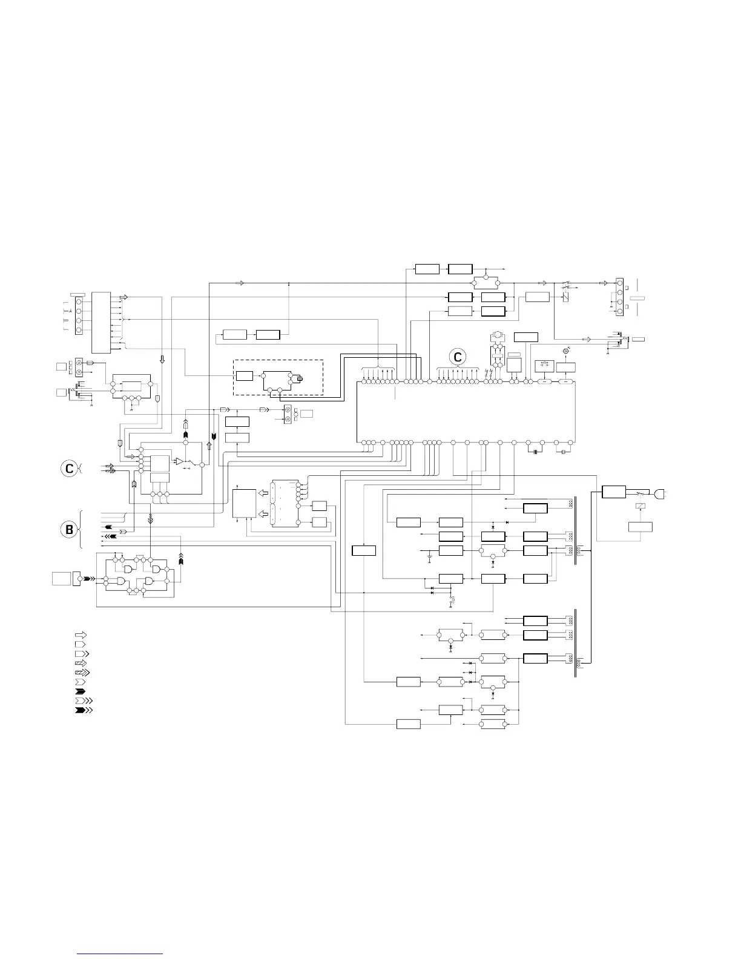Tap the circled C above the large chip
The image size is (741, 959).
458,358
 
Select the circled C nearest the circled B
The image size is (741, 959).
70,468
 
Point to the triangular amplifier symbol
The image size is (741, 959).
180,462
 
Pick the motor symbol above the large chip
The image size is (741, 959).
496,334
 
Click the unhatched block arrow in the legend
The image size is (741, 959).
79,635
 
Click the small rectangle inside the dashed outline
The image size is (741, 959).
244,375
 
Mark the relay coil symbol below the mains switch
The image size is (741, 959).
641,506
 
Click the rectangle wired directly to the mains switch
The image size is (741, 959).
613,492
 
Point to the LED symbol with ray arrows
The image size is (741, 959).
565,351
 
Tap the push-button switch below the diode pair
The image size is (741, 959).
452,601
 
